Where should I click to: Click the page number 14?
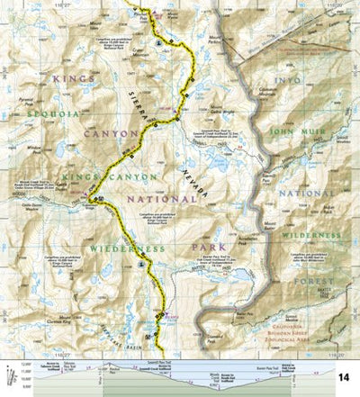pos(346,377)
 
